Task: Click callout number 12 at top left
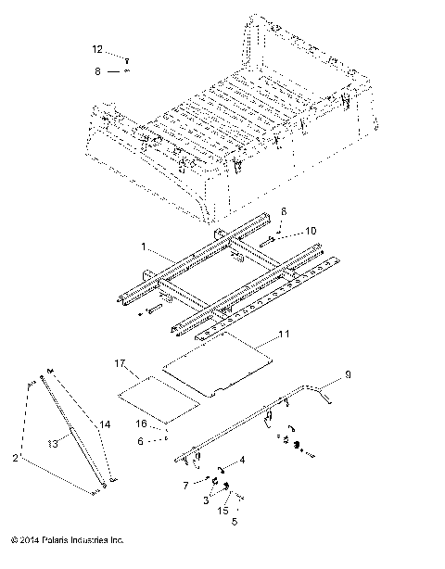[97, 48]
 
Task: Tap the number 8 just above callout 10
[272, 212]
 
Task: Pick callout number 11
[285, 331]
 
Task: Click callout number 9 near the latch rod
[348, 375]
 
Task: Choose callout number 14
[105, 424]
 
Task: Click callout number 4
[243, 460]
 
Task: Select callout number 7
[186, 485]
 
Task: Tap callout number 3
[205, 500]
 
